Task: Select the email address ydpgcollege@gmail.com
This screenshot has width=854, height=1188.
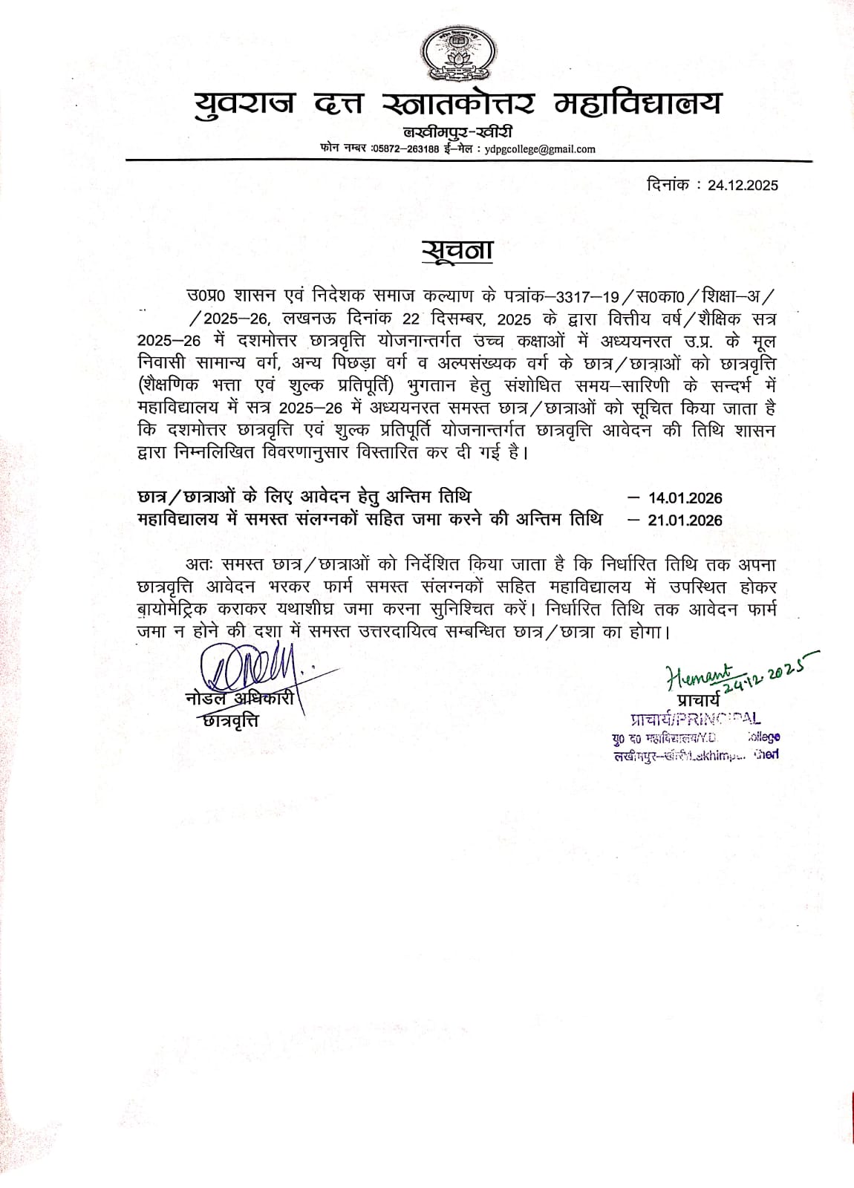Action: (540, 148)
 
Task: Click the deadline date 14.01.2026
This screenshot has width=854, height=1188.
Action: (685, 498)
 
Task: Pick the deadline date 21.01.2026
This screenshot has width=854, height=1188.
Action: (685, 520)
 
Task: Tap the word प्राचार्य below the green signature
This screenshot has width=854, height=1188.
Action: (699, 700)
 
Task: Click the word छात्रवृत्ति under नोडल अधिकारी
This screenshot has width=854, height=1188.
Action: (231, 719)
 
